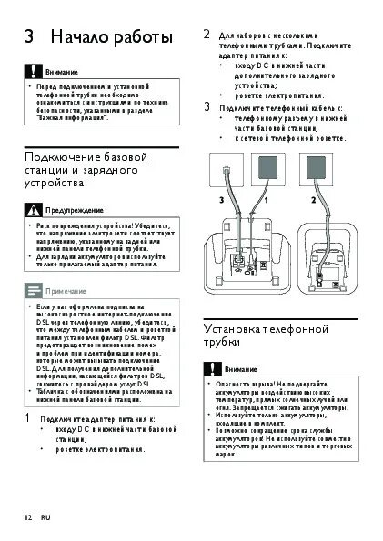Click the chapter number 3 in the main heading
pyautogui.click(x=30, y=38)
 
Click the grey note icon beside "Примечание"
pyautogui.click(x=33, y=290)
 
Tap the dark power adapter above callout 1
pyautogui.click(x=269, y=167)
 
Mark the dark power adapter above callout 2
pyautogui.click(x=320, y=167)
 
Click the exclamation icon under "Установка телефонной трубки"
pyautogui.click(x=211, y=369)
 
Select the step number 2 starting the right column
pyautogui.click(x=207, y=34)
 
